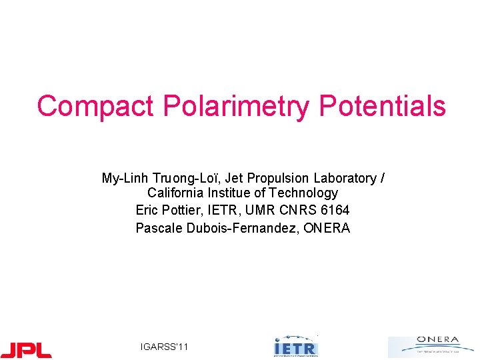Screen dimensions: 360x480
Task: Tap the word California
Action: coord(175,193)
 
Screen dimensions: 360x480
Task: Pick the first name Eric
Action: coord(147,211)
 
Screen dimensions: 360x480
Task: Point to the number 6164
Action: coord(335,211)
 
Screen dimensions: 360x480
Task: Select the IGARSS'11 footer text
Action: coord(165,347)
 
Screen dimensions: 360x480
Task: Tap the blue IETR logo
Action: coord(296,347)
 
